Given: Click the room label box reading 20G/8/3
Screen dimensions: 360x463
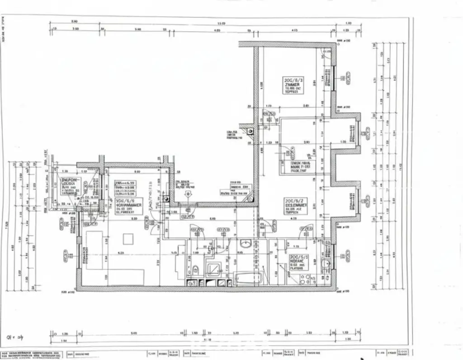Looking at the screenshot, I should [292, 85].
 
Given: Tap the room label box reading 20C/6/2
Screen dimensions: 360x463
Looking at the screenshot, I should [296, 205].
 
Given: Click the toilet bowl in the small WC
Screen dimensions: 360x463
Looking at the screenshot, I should [195, 270].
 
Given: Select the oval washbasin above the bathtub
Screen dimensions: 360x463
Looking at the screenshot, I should [246, 244].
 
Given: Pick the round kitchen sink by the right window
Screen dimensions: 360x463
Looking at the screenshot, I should [325, 263].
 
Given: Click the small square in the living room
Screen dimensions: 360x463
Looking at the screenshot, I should [128, 238].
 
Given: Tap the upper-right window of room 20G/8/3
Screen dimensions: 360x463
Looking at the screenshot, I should [334, 78].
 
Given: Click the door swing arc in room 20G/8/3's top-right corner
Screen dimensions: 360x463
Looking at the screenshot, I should [326, 54].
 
